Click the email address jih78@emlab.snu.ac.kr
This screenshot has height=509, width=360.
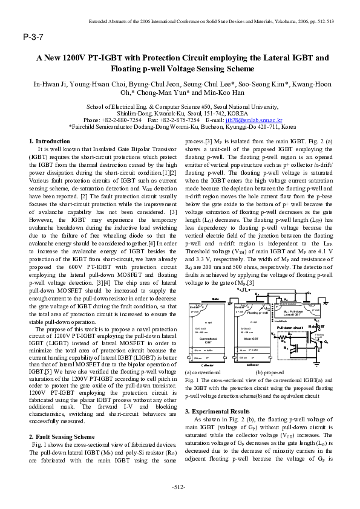pos(252,120)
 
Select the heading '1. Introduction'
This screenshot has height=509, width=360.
pos(50,141)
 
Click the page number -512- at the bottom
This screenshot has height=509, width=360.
pos(180,487)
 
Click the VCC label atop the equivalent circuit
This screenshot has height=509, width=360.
pos(317,321)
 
